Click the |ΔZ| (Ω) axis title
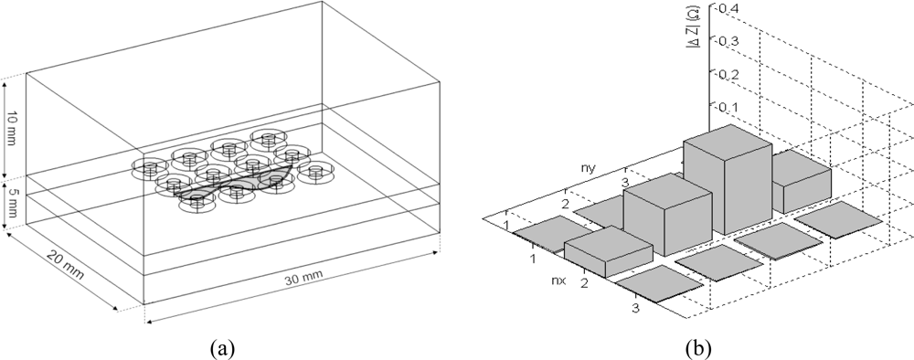click(695, 34)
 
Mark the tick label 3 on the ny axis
click(625, 183)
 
